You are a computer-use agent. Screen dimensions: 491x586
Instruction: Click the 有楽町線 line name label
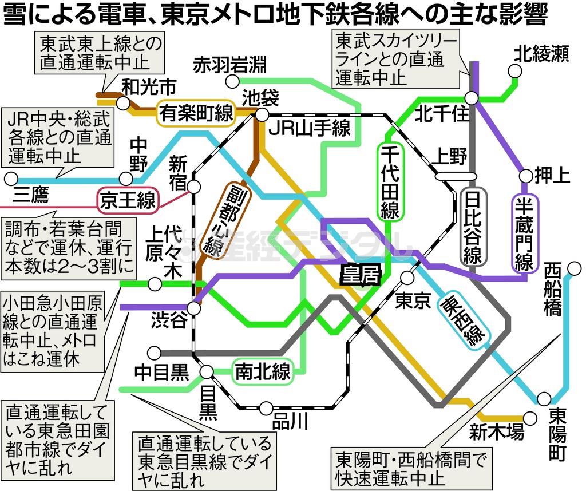(196, 113)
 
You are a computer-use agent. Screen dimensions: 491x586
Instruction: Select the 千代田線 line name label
(389, 182)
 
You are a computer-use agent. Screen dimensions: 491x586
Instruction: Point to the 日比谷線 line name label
(473, 227)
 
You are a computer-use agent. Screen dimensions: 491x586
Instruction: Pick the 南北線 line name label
(263, 372)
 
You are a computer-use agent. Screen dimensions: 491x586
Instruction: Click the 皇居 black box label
(361, 275)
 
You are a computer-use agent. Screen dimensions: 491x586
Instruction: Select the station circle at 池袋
(262, 114)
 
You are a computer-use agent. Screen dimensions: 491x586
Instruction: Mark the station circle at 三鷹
(10, 179)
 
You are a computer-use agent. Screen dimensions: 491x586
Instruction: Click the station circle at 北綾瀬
(516, 71)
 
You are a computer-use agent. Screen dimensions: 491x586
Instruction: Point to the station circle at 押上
(525, 175)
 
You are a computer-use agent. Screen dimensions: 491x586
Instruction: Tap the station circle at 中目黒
(153, 353)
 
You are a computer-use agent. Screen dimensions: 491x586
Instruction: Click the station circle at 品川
(266, 408)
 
